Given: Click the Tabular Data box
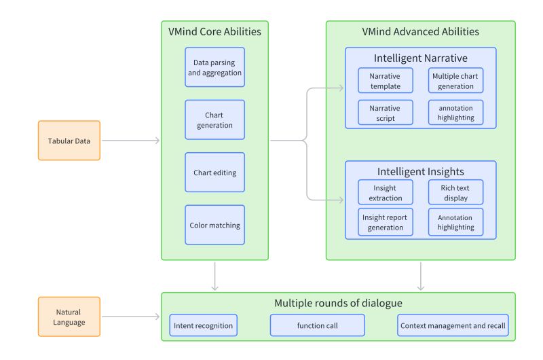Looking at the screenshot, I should [x=69, y=141].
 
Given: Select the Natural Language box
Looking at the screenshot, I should [x=69, y=317].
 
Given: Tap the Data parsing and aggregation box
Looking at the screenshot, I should [x=214, y=67].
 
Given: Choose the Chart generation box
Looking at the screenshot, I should [x=214, y=120].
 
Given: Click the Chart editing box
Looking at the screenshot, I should [x=214, y=173].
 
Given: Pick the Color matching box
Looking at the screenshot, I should [x=214, y=225].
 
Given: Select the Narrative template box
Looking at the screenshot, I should [x=385, y=81].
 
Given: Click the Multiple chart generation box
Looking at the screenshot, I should [x=455, y=81].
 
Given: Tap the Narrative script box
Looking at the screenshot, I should [x=385, y=113].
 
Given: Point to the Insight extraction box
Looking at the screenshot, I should [x=385, y=193].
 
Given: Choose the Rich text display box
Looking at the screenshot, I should [x=455, y=193].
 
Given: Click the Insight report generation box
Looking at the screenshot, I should [x=385, y=221].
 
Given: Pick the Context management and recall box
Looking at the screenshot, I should [x=453, y=325].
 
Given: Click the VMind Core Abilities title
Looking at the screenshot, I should [x=214, y=31].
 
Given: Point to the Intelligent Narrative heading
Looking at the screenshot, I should [x=420, y=58].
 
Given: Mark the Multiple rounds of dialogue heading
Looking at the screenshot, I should [x=337, y=302].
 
